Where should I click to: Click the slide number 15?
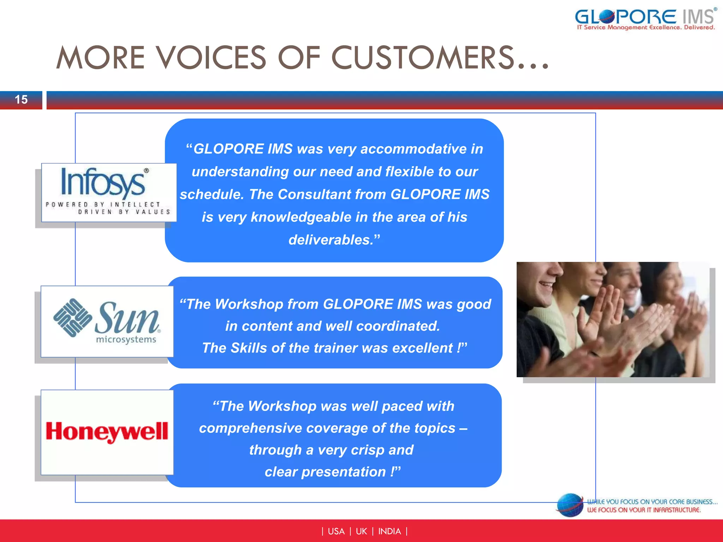[21, 100]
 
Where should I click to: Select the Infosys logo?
[109, 192]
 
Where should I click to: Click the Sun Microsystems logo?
[107, 321]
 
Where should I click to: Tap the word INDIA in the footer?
[389, 531]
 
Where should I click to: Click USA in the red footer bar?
[336, 531]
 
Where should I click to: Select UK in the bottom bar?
[361, 531]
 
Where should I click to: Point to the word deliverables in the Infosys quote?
[330, 240]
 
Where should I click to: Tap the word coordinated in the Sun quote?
[398, 326]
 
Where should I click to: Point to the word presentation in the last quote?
[343, 472]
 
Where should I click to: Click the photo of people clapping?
[613, 319]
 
